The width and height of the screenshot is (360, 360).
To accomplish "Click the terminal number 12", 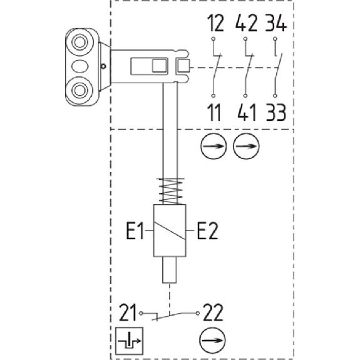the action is click(215, 23).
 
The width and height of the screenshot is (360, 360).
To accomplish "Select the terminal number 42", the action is click(247, 23).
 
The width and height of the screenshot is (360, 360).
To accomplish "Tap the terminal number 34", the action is click(276, 23).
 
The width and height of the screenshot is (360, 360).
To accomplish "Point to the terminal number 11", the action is click(214, 112).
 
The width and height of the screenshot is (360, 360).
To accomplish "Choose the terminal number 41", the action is click(247, 112).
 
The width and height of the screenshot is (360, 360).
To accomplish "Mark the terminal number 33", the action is click(276, 112).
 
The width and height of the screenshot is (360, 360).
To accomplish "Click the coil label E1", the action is click(135, 230).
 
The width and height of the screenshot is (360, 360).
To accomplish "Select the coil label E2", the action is click(208, 230).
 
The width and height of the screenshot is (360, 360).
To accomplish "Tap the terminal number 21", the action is click(128, 312).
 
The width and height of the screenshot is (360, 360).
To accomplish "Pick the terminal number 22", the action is click(213, 312).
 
